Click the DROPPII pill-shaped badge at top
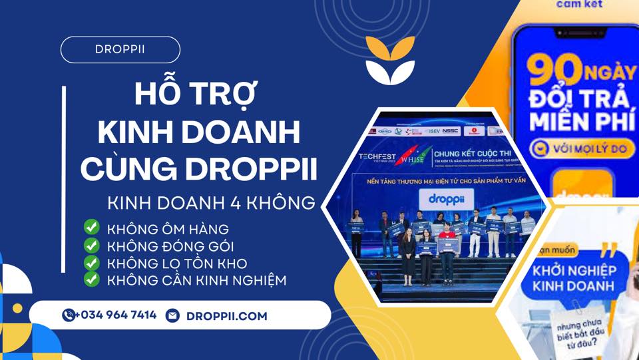(120, 50)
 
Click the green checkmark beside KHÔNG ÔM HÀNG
(91, 228)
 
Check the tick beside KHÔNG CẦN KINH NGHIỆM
(91, 279)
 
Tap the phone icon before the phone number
(69, 315)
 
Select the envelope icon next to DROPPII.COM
(172, 315)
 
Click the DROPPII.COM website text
(227, 316)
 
